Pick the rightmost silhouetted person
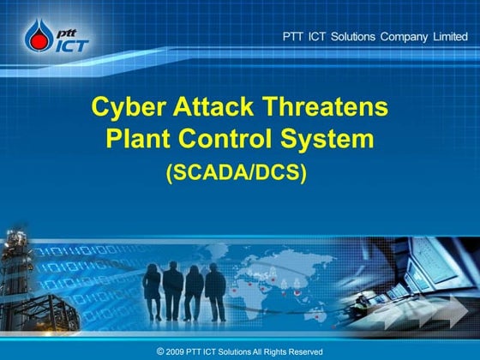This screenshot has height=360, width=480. [215, 294]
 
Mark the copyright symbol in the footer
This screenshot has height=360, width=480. [160, 351]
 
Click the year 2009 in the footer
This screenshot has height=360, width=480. [177, 351]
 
